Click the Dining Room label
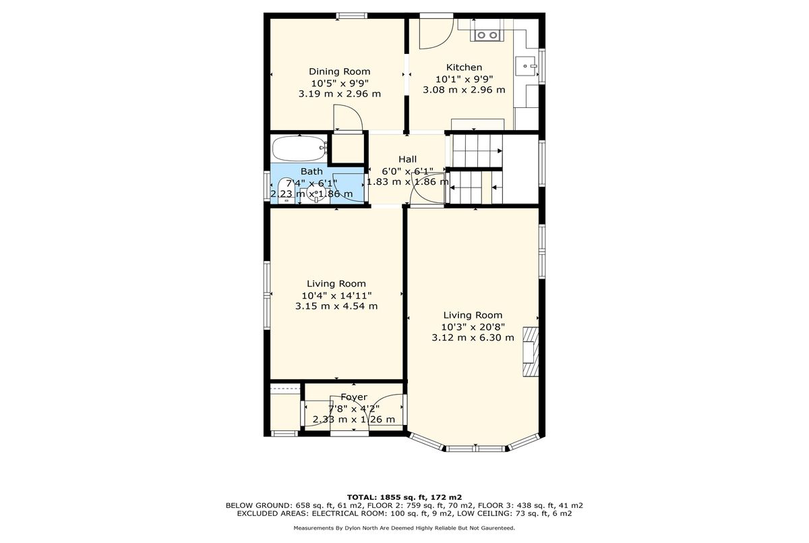pyautogui.click(x=340, y=72)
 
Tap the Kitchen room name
pyautogui.click(x=464, y=67)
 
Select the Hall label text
pyautogui.click(x=407, y=159)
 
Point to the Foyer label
pyautogui.click(x=353, y=397)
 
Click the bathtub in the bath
pyautogui.click(x=299, y=148)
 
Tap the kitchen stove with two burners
pyautogui.click(x=487, y=35)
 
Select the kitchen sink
pyautogui.click(x=526, y=66)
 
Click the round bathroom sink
pyautogui.click(x=316, y=192)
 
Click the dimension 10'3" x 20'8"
pyautogui.click(x=473, y=327)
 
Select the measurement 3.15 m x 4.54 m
pyautogui.click(x=336, y=306)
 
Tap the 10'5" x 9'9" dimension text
pyautogui.click(x=340, y=83)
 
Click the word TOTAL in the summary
pyautogui.click(x=361, y=497)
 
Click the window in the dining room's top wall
pyautogui.click(x=352, y=16)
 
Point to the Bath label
pyautogui.click(x=311, y=171)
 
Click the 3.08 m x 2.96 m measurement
pyautogui.click(x=464, y=90)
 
